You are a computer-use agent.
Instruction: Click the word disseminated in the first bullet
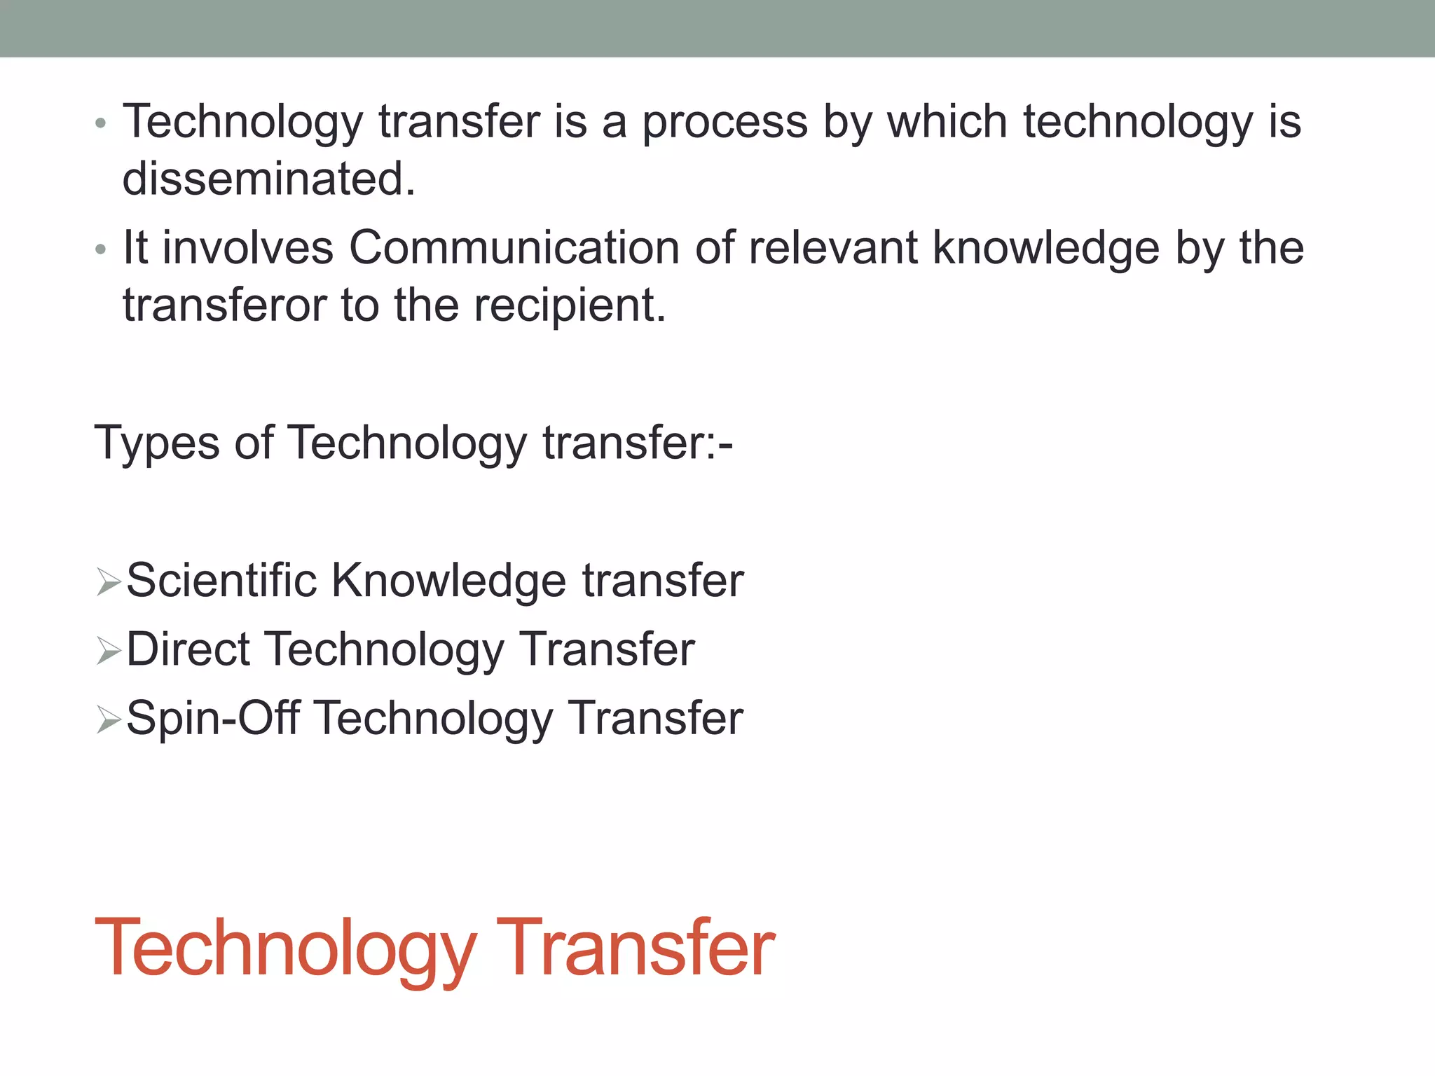pos(269,179)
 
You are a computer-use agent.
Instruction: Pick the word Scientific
pos(221,580)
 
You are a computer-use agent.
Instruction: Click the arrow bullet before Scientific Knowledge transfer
pos(109,582)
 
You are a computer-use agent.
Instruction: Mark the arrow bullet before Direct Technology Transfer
pos(109,651)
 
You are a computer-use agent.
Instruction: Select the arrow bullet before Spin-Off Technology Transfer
pos(109,719)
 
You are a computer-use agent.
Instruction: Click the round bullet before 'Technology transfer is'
pos(101,124)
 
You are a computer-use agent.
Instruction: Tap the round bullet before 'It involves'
pos(101,250)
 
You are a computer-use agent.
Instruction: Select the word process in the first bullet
pos(725,123)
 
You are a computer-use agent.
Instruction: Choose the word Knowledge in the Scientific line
pos(448,580)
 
